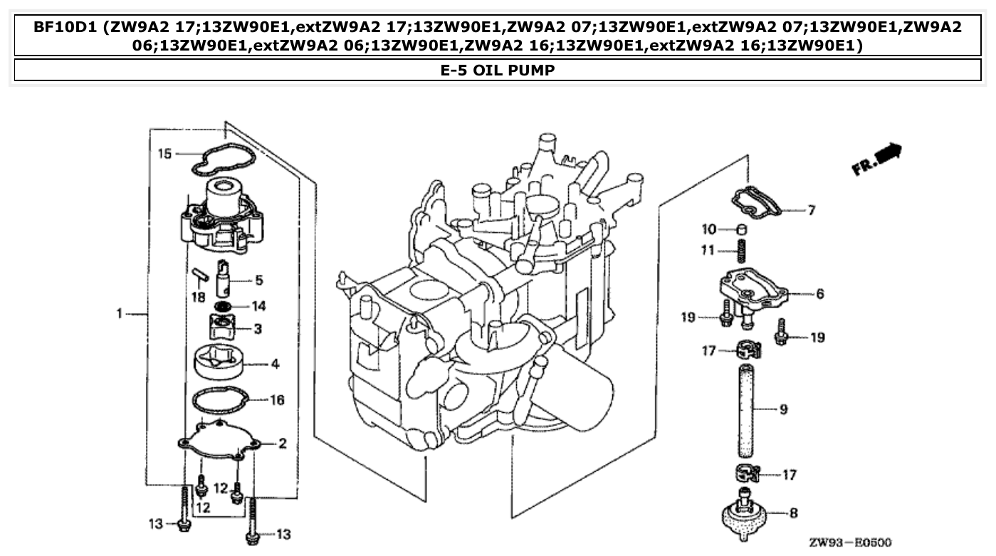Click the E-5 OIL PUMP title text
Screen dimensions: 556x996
tap(498, 70)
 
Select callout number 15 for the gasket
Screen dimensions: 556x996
tap(164, 153)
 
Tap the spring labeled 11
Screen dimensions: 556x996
tap(741, 251)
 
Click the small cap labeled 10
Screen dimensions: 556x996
tap(740, 229)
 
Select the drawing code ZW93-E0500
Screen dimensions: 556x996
tap(849, 542)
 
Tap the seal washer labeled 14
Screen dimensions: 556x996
tap(224, 306)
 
